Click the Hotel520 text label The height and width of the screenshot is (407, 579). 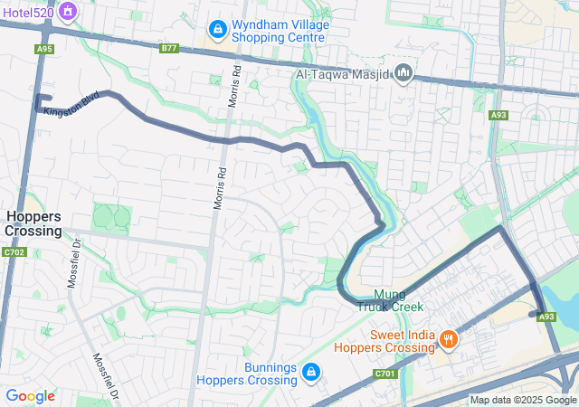27,13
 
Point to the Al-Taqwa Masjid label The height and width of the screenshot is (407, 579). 344,72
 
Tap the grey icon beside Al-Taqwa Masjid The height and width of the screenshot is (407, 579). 403,71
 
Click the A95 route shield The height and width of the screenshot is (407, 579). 44,49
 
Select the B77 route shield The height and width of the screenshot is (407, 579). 169,47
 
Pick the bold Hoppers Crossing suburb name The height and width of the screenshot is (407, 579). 33,223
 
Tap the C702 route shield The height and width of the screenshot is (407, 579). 14,252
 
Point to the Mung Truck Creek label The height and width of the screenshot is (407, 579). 389,300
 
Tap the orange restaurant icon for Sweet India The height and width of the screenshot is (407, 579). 448,340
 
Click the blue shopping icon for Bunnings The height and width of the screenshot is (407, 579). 310,372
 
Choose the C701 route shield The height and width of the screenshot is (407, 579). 384,373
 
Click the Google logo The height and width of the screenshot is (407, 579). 30,396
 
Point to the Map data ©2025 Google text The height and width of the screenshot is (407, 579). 523,400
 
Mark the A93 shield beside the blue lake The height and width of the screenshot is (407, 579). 546,317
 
